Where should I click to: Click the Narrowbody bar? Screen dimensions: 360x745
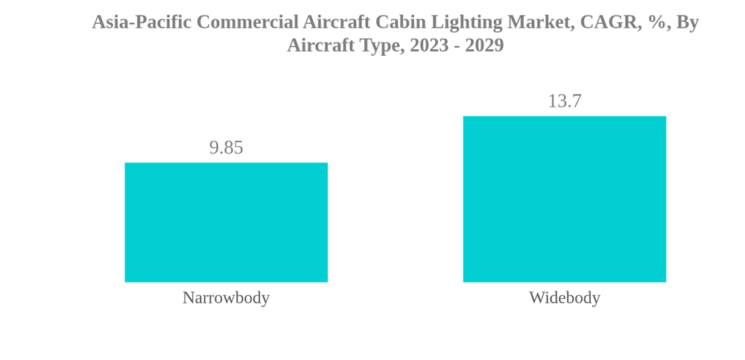click(226, 222)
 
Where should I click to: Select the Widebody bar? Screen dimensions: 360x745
click(564, 199)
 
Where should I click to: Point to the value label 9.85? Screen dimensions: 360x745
click(226, 148)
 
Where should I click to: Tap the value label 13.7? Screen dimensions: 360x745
click(564, 101)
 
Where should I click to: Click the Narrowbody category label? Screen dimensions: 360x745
click(226, 297)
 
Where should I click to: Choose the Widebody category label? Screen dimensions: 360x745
click(564, 297)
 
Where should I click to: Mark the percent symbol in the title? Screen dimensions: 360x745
click(655, 22)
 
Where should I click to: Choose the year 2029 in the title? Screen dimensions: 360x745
click(485, 45)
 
